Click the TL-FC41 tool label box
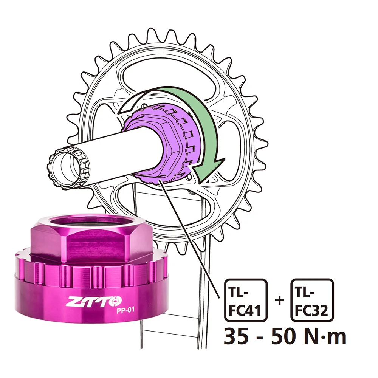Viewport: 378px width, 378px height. coord(246,300)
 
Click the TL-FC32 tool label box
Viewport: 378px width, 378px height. coord(312,300)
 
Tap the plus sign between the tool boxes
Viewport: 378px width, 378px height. coord(279,301)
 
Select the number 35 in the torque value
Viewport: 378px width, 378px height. coord(236,336)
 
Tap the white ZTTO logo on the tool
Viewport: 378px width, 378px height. coord(94,302)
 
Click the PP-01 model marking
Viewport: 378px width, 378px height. coord(125,310)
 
